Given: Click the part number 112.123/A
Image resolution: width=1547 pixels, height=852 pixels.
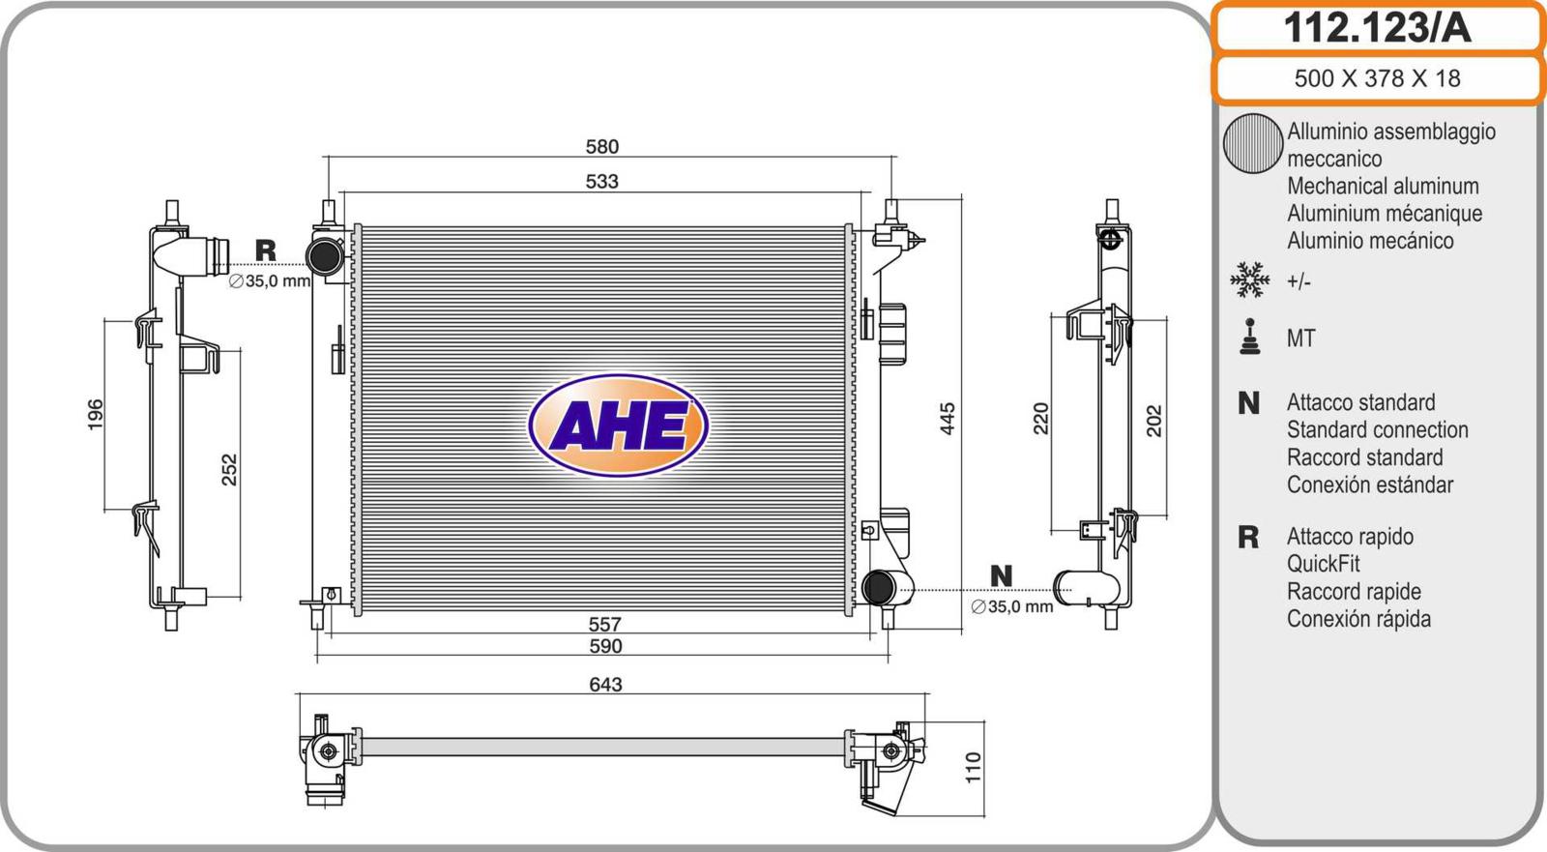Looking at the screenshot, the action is (1377, 28).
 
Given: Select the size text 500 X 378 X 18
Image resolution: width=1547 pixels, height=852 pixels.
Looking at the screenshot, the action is (1377, 78).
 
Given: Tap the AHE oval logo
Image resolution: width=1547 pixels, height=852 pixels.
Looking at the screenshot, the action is (618, 425).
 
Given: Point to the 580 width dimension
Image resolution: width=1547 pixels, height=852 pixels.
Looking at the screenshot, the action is (602, 146).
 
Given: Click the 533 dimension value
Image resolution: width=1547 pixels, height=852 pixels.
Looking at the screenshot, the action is (601, 181).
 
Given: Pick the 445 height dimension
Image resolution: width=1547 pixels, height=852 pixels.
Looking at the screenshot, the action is (948, 419).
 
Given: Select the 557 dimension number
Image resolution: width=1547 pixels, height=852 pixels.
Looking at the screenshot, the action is (604, 625).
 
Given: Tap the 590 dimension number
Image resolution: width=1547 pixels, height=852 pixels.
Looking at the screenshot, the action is (605, 646).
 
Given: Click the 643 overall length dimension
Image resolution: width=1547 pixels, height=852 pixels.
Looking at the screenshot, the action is (605, 684).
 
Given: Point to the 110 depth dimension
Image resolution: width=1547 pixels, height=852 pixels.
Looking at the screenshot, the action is (973, 768).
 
